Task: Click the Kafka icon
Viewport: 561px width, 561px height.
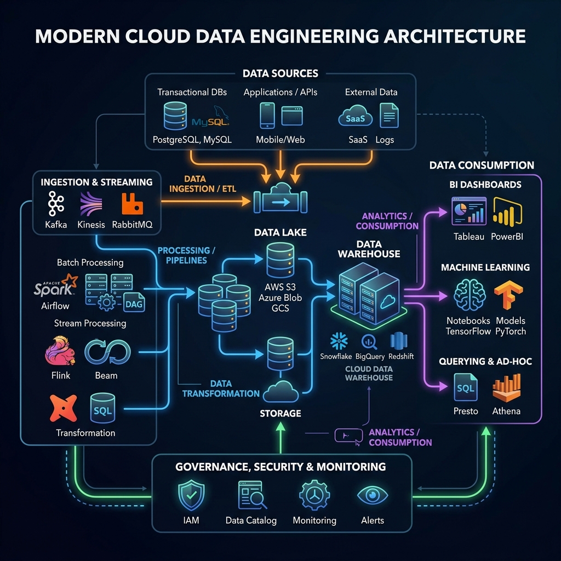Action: tap(55, 204)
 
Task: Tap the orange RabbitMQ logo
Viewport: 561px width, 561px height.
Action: tap(132, 203)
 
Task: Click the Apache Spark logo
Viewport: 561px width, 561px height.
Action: tap(55, 287)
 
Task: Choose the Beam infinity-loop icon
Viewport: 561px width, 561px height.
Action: tap(107, 351)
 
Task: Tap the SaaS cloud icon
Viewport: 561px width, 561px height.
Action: tap(356, 116)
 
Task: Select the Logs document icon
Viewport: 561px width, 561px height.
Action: tap(389, 116)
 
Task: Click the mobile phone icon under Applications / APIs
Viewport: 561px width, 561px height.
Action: tap(267, 116)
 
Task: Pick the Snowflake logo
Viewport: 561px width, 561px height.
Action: tap(339, 341)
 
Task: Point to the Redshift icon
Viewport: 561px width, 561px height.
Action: tap(398, 341)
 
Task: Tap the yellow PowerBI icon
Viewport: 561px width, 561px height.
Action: tap(507, 213)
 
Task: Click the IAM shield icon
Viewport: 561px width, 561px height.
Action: tap(191, 495)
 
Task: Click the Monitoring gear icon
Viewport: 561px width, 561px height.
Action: tap(314, 495)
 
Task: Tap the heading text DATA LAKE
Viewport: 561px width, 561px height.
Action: tap(280, 233)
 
